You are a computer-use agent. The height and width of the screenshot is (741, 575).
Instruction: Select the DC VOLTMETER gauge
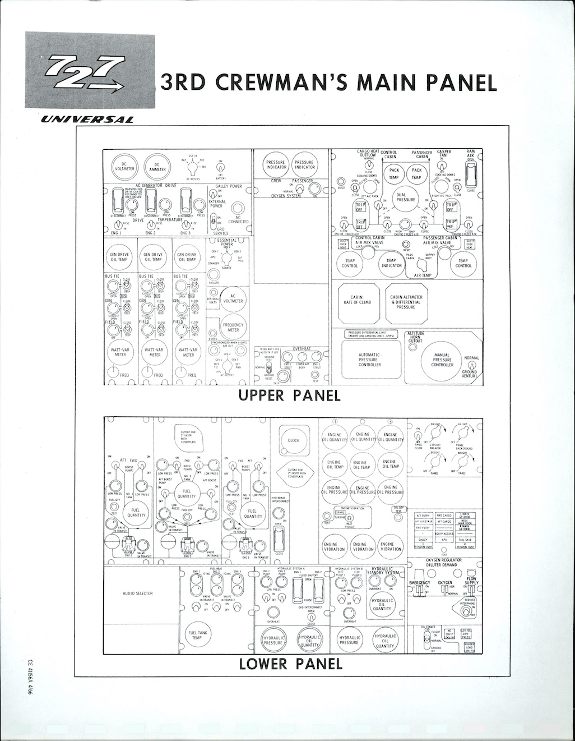click(124, 167)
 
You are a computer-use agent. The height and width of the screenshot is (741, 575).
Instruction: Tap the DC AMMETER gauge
click(157, 167)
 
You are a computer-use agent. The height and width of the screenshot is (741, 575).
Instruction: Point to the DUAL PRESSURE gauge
click(405, 197)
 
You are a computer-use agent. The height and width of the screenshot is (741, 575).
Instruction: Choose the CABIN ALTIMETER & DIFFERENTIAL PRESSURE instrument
click(406, 302)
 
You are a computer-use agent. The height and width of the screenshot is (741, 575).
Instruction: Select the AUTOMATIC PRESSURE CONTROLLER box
click(369, 360)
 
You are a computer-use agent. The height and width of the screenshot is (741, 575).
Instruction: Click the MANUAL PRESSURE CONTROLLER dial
click(442, 360)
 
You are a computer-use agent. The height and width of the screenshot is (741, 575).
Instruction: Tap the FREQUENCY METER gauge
click(233, 327)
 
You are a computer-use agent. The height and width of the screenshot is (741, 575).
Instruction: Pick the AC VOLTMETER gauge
click(233, 298)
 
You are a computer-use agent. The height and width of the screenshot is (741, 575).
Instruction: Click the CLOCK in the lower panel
click(294, 440)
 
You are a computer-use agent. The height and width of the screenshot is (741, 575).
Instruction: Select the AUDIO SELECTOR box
click(137, 593)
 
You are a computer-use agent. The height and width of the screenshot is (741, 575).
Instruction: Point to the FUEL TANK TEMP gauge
click(198, 635)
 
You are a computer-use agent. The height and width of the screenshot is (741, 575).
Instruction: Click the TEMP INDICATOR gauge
click(391, 263)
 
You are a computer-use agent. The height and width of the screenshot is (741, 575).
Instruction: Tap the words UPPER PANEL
click(289, 395)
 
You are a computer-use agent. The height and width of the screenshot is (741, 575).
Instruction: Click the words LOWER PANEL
click(290, 664)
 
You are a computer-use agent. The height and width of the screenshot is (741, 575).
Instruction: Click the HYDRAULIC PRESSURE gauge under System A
click(273, 640)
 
